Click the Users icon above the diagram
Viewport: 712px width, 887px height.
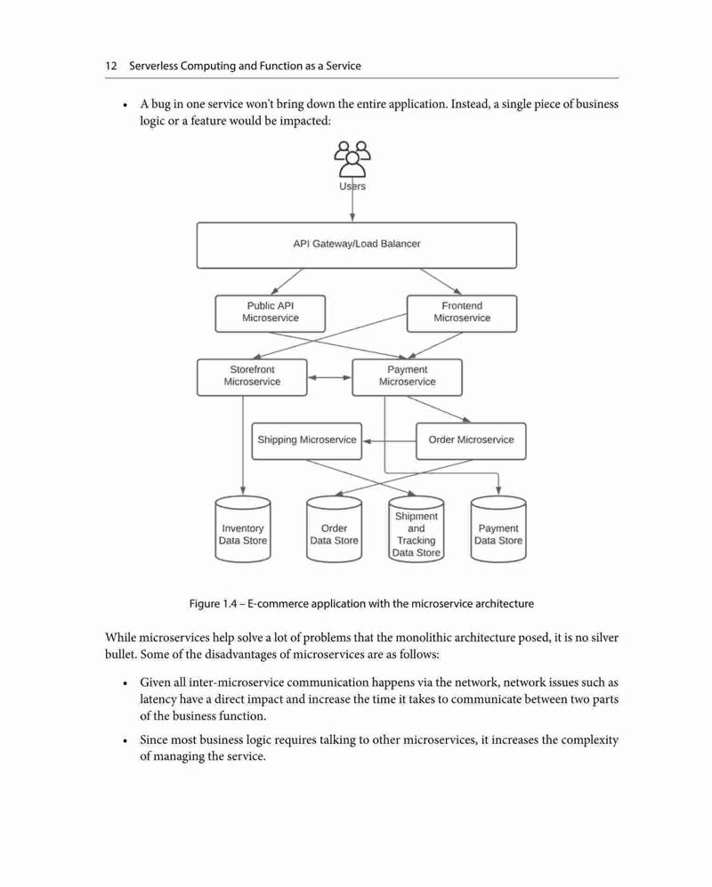[x=352, y=159]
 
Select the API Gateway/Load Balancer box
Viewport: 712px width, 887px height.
[x=357, y=245]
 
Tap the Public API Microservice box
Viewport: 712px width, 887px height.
[x=270, y=313]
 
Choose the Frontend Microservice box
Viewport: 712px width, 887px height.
[x=462, y=313]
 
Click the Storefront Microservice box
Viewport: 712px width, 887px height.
[x=252, y=377]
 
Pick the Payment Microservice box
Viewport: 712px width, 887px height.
[x=407, y=377]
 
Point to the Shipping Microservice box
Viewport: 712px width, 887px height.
[x=307, y=440]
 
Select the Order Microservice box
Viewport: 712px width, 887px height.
[x=471, y=440]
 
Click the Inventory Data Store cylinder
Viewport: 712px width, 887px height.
[x=243, y=529]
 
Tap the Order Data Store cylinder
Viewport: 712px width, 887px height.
[x=334, y=529]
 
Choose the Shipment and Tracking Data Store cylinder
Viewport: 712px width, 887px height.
[x=416, y=529]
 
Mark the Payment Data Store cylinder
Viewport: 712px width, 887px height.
[x=498, y=529]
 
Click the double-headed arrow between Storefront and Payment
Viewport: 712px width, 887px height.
[x=329, y=377]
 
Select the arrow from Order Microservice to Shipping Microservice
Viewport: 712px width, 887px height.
[x=390, y=441]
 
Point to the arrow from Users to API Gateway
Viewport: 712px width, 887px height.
[x=352, y=200]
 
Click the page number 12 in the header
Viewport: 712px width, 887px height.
[x=111, y=66]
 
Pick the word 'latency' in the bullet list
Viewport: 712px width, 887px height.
[x=158, y=700]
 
